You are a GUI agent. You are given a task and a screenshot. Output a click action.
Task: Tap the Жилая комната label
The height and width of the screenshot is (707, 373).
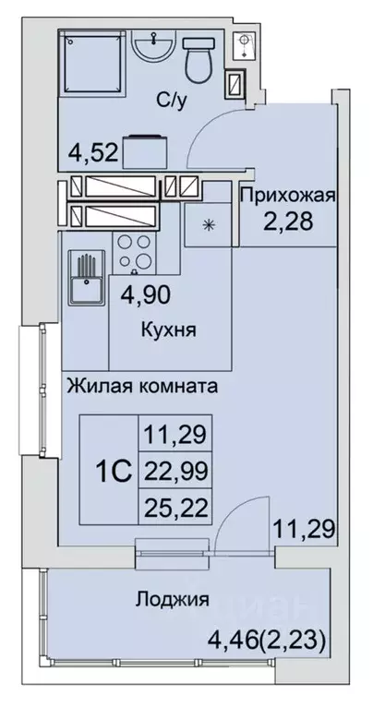[141, 387]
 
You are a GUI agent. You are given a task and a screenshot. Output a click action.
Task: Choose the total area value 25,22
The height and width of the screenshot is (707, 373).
[175, 506]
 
